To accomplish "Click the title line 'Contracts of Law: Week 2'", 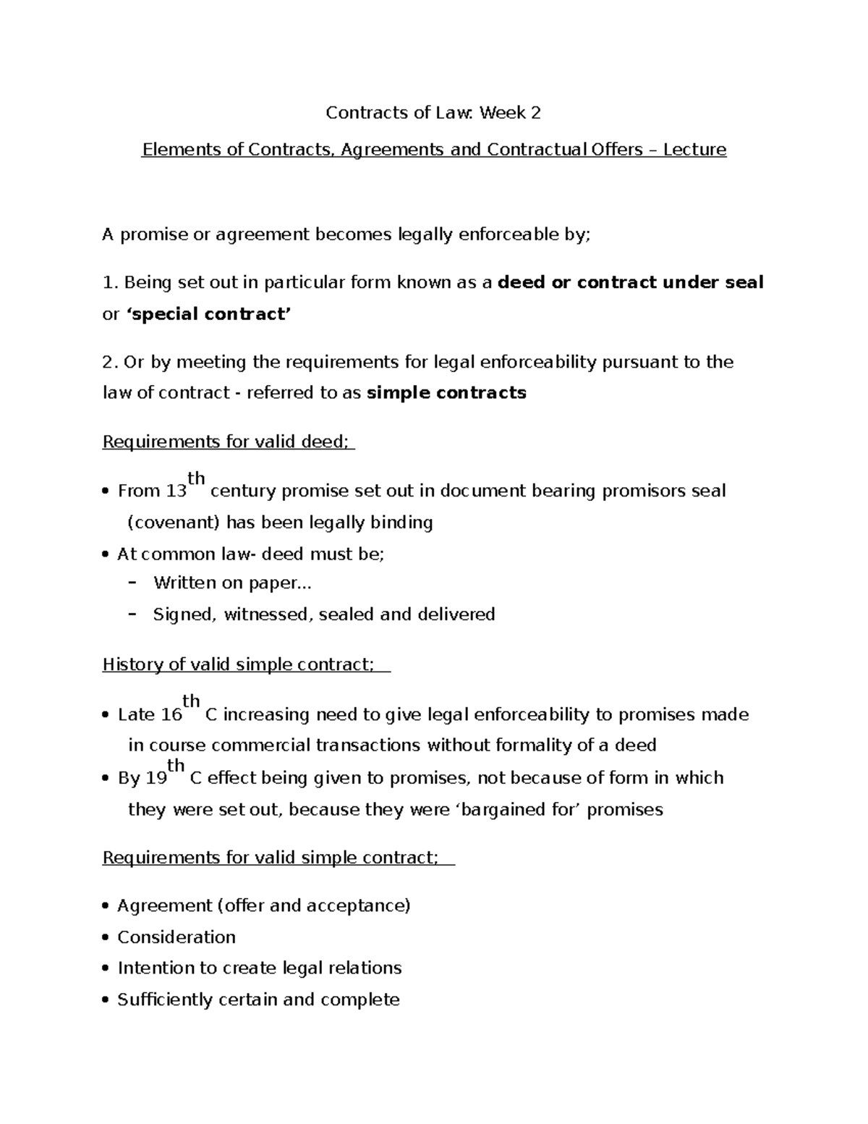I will click(433, 113).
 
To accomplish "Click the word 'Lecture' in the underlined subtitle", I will click(694, 150).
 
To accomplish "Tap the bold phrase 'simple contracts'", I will click(446, 393).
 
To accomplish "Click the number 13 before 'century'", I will click(176, 491).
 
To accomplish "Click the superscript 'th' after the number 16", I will click(191, 701).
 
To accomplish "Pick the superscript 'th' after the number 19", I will click(176, 765).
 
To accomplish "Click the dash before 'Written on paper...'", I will click(132, 583).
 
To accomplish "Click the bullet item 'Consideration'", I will click(176, 937).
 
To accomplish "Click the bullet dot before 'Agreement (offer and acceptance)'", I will click(106, 906).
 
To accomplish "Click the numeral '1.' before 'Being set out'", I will click(110, 283).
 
